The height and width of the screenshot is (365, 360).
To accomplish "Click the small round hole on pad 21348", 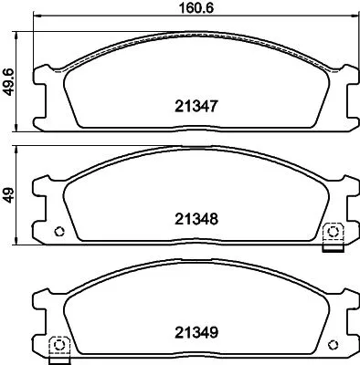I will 61,228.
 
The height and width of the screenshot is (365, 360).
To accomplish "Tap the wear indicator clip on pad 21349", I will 58,346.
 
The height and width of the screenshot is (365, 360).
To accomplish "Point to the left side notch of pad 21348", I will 38,195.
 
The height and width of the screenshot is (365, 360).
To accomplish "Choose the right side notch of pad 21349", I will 350,316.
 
